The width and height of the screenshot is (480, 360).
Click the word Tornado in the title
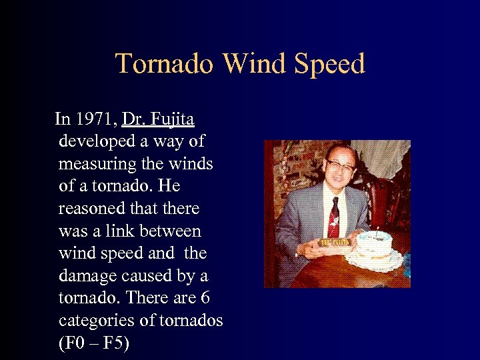(x=165, y=64)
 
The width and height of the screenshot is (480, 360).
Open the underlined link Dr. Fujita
(x=158, y=119)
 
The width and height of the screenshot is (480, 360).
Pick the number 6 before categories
(x=205, y=298)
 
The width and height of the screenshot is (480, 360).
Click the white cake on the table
(x=375, y=247)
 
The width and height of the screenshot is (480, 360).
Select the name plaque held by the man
(x=335, y=242)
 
